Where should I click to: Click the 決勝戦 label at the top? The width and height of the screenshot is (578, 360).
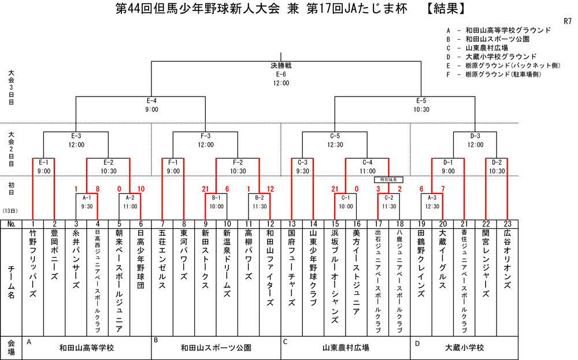[x=281, y=65]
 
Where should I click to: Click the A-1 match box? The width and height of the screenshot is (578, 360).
[x=87, y=201]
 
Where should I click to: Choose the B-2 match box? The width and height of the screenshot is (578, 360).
[x=260, y=201]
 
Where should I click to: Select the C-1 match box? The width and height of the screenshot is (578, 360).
[x=346, y=201]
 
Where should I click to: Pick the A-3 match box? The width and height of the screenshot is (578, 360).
[x=432, y=201]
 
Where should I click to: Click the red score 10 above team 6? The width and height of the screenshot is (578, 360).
[x=141, y=189]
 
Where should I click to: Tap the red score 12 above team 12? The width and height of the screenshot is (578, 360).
[x=271, y=189]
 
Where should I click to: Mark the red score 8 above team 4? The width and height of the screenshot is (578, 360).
[x=98, y=189]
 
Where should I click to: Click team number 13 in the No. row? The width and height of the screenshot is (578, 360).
[x=292, y=224]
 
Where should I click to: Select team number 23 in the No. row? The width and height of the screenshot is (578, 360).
[x=507, y=224]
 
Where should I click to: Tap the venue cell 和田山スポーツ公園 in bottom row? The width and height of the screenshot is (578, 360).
[x=216, y=348]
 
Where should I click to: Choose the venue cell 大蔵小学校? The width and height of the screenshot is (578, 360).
[x=464, y=348]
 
